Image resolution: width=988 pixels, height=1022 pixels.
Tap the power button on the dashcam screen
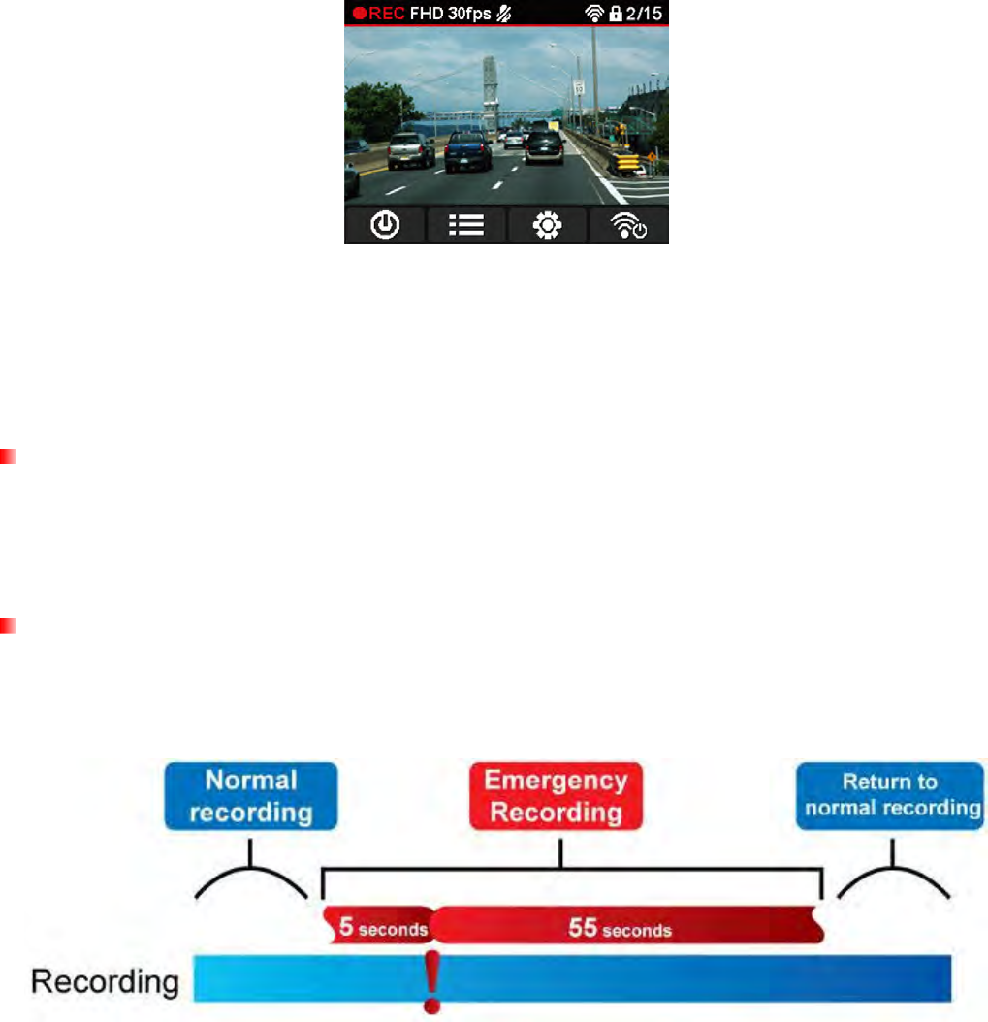386,224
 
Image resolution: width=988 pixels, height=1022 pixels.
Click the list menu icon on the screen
467,224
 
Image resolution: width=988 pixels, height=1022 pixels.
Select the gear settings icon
548,224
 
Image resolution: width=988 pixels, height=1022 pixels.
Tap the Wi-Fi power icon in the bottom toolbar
628,224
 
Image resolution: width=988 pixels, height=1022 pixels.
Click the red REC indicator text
379,14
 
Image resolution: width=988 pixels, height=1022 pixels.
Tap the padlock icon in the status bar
614,14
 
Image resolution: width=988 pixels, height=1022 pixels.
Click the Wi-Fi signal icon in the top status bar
594,14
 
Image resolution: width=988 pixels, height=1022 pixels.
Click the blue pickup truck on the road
470,150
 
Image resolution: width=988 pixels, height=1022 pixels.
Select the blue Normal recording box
252,794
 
